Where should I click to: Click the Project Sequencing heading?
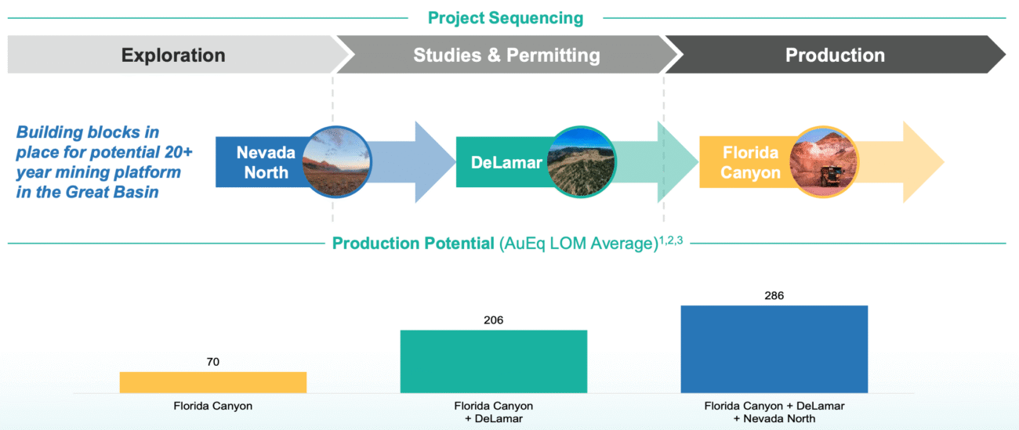click(506, 17)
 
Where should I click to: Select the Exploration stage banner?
click(173, 56)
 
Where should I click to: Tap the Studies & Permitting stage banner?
click(506, 56)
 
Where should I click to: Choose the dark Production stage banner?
click(835, 56)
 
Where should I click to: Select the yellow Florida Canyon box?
click(741, 162)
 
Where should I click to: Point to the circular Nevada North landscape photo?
click(335, 162)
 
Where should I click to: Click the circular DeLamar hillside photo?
click(582, 162)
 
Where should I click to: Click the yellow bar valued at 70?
click(213, 382)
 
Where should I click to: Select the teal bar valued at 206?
click(494, 361)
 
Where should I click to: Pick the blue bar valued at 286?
click(774, 349)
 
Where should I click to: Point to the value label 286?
click(774, 295)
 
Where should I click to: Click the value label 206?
click(494, 320)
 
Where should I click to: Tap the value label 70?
click(213, 362)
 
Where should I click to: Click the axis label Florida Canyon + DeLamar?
click(494, 412)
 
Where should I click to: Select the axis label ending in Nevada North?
click(774, 412)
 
